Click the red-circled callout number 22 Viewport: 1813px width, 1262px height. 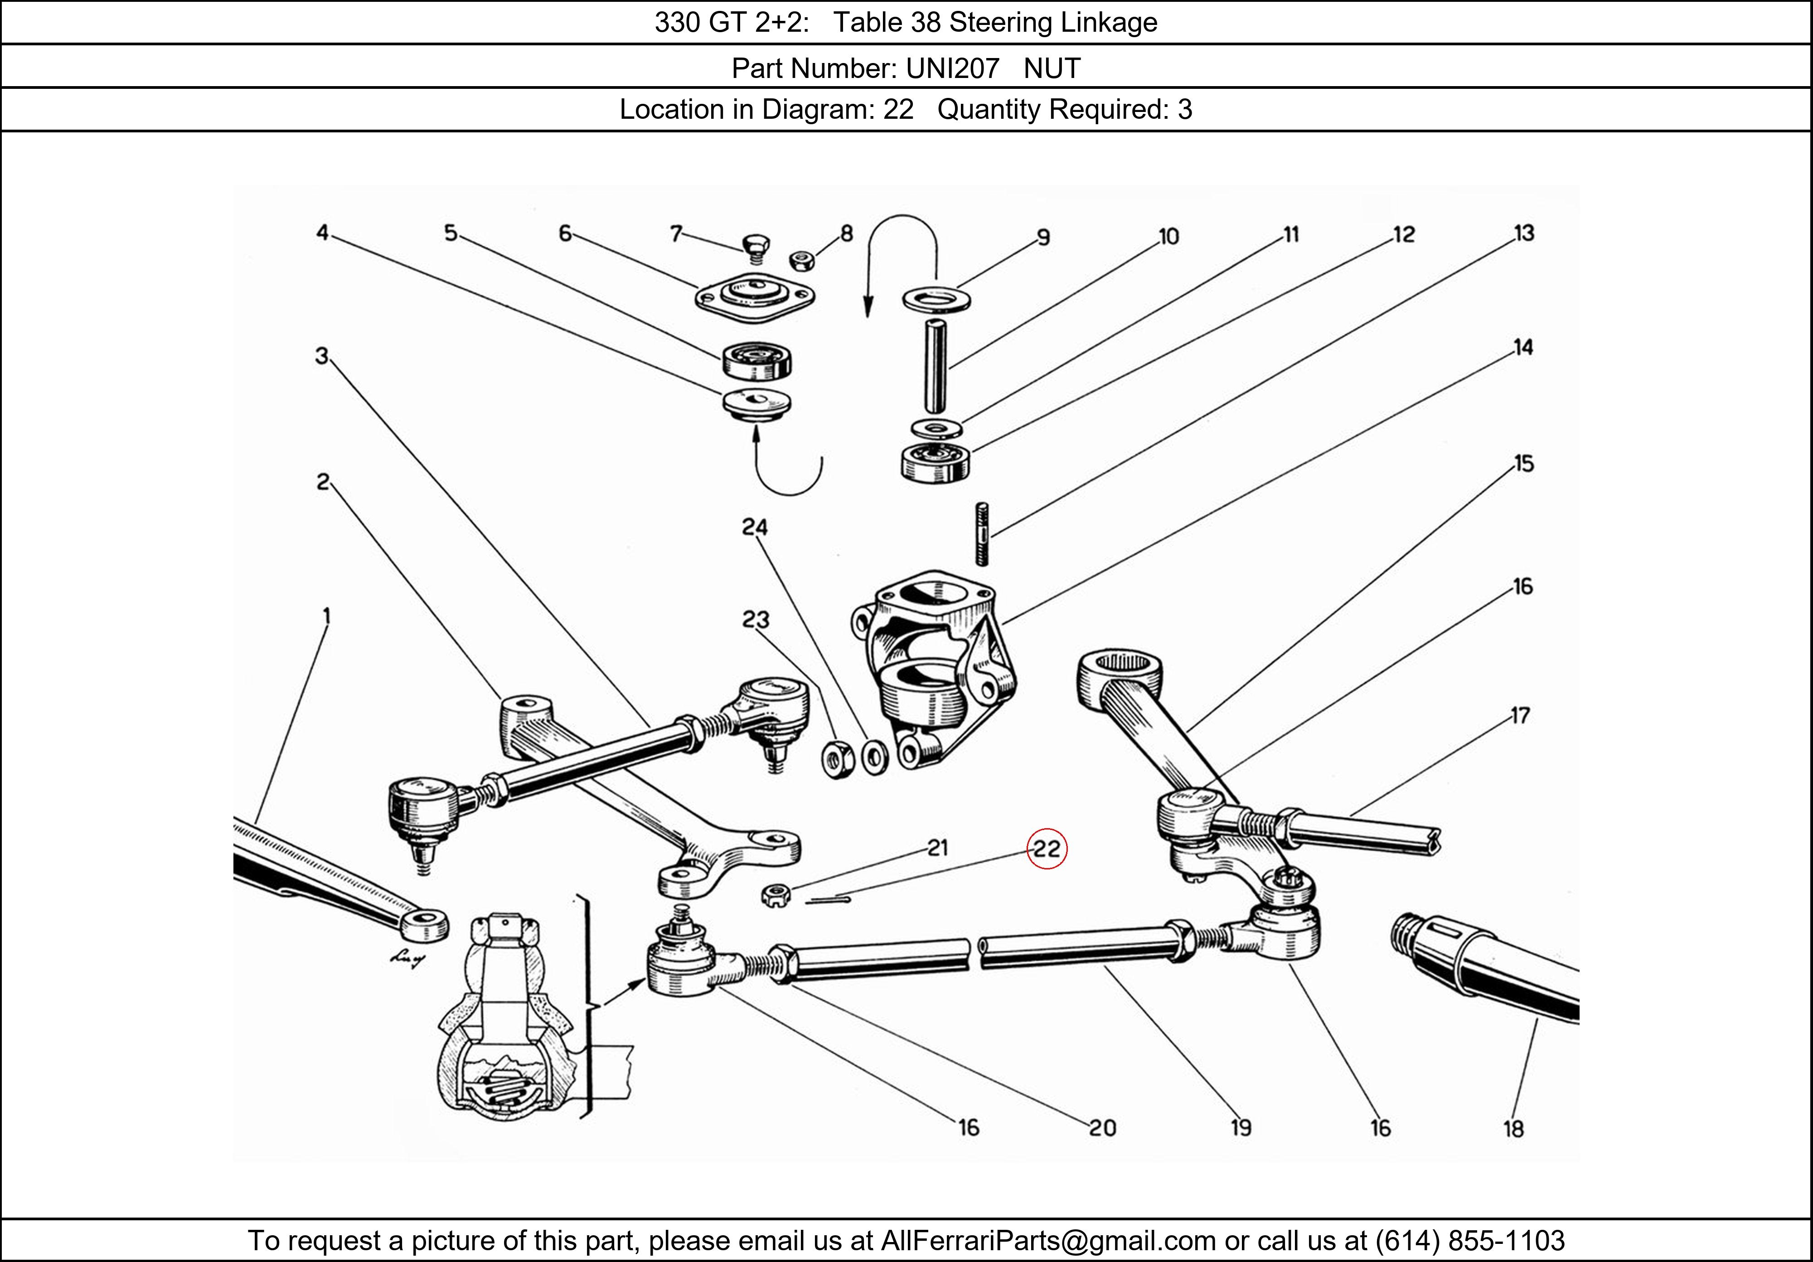pyautogui.click(x=1046, y=849)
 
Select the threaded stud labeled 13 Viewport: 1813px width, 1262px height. pyautogui.click(x=982, y=534)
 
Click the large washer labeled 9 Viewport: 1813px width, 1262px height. pyautogui.click(x=936, y=299)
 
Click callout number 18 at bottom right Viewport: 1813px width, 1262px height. pyautogui.click(x=1513, y=1129)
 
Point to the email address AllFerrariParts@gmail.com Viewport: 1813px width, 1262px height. pyautogui.click(x=1048, y=1241)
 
